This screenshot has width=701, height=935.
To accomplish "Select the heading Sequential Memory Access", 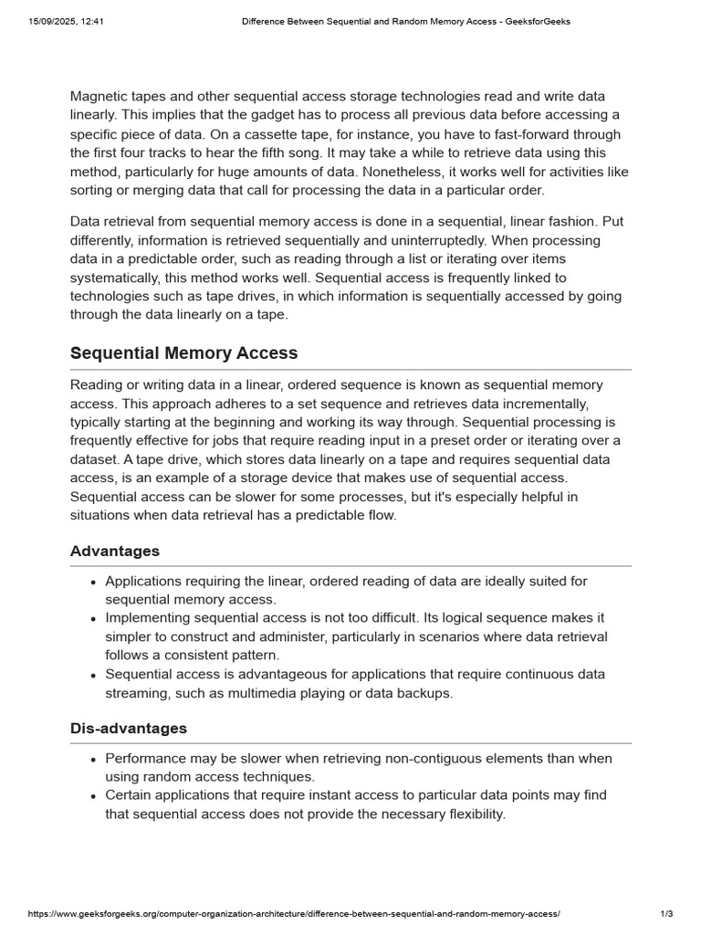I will coord(183,353).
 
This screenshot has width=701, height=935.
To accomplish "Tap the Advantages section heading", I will coord(115,552).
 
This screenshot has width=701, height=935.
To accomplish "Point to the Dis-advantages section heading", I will coord(129,729).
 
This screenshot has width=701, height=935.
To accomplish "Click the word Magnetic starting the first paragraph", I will coord(99,97).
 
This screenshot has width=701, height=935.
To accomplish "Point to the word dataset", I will coord(96,459).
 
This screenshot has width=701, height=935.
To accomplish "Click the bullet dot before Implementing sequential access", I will coord(94,619).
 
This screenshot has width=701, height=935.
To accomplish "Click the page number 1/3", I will coord(665,914).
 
